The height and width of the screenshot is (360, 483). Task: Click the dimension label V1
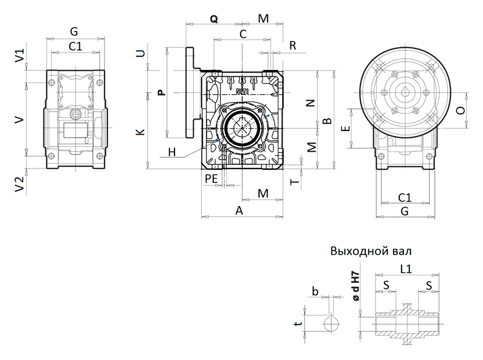tap(19, 57)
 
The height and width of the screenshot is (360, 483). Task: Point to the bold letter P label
tap(161, 92)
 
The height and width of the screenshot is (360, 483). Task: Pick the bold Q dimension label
tap(214, 19)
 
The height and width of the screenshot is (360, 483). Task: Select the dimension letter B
tap(327, 121)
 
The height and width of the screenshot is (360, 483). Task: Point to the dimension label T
tap(294, 181)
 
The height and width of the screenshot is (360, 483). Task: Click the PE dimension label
tap(211, 178)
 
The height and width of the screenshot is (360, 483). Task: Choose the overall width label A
tap(239, 210)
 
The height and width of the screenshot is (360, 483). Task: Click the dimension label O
tap(461, 111)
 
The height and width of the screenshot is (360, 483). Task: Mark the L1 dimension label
tap(407, 271)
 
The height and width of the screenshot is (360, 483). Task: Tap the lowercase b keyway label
tap(315, 291)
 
